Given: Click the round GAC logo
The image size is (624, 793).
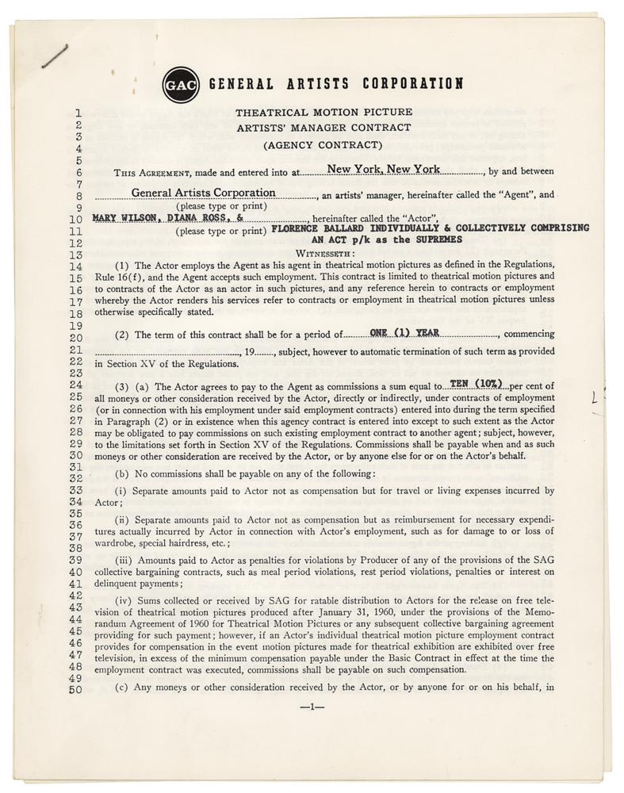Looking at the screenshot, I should (x=180, y=82).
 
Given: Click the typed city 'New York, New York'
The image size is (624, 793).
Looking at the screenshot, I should (x=384, y=169).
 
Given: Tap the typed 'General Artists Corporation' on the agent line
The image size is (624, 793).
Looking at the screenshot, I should (x=204, y=192).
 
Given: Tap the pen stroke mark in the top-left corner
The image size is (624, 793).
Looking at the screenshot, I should (x=56, y=58).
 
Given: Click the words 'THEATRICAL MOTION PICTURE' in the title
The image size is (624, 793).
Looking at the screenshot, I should (x=323, y=113).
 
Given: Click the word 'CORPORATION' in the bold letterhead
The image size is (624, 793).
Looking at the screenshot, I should (x=412, y=83).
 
